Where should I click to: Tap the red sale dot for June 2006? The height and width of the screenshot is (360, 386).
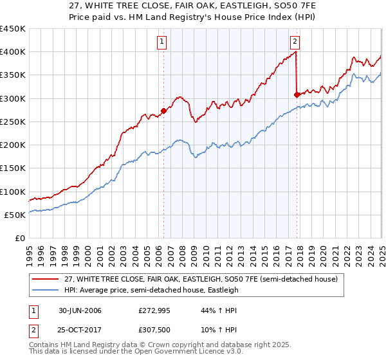pyautogui.click(x=163, y=111)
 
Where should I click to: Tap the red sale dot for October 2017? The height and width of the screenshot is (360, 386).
pyautogui.click(x=297, y=94)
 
